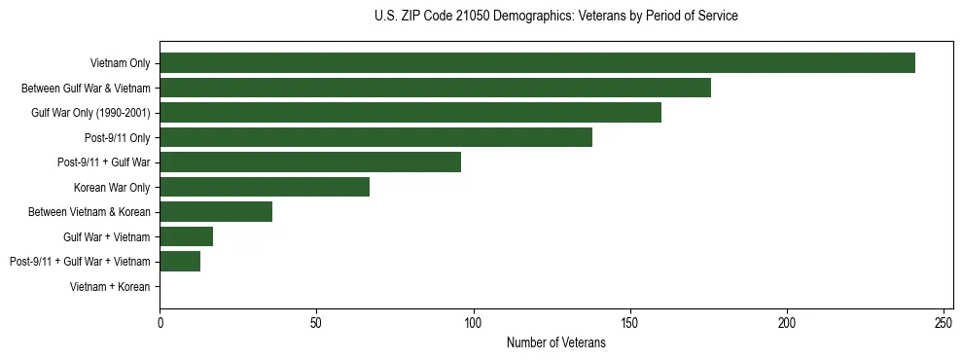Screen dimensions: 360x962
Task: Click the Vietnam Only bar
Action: point(537,63)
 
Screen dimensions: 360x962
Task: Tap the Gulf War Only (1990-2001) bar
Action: point(410,113)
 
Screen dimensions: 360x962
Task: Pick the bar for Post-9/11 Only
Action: point(375,137)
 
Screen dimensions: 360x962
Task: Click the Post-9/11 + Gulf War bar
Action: point(310,162)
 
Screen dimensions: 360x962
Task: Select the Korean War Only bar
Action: point(265,187)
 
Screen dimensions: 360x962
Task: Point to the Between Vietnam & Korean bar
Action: point(216,212)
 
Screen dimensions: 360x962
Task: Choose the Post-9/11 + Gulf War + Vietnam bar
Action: point(180,262)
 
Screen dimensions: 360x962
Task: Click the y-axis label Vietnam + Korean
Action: point(110,287)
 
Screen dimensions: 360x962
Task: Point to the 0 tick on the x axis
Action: point(160,321)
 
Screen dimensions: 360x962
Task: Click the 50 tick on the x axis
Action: point(316,321)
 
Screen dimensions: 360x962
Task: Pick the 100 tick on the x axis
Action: point(473,321)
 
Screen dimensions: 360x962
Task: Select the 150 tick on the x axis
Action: point(630,321)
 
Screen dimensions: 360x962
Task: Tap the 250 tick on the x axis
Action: point(944,321)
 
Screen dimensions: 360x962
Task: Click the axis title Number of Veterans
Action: point(555,342)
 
